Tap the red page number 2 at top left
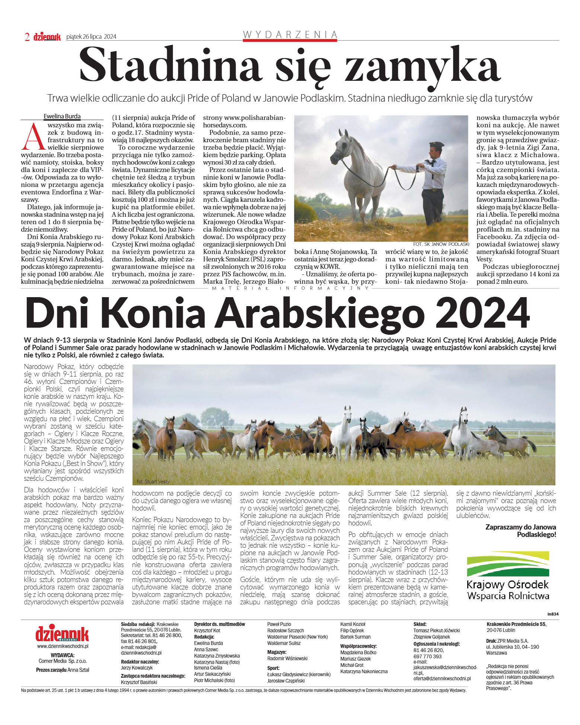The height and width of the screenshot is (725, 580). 27,37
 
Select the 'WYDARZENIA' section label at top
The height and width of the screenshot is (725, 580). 290,35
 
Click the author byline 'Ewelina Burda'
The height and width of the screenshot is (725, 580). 62,116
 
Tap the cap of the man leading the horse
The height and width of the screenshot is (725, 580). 436,144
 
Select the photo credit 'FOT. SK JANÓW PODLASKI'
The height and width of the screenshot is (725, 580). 441,244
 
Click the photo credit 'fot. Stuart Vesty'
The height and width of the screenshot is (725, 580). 153,481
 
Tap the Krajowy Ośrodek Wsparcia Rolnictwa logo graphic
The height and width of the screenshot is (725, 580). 508,564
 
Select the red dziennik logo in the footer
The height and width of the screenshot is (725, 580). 62,633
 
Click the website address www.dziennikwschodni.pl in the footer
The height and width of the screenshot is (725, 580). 63,646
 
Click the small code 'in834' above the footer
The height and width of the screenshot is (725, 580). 553,614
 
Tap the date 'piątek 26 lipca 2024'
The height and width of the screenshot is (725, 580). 91,36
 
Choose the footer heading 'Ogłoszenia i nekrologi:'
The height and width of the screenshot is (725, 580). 436,644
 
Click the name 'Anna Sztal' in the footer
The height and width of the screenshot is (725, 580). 79,670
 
